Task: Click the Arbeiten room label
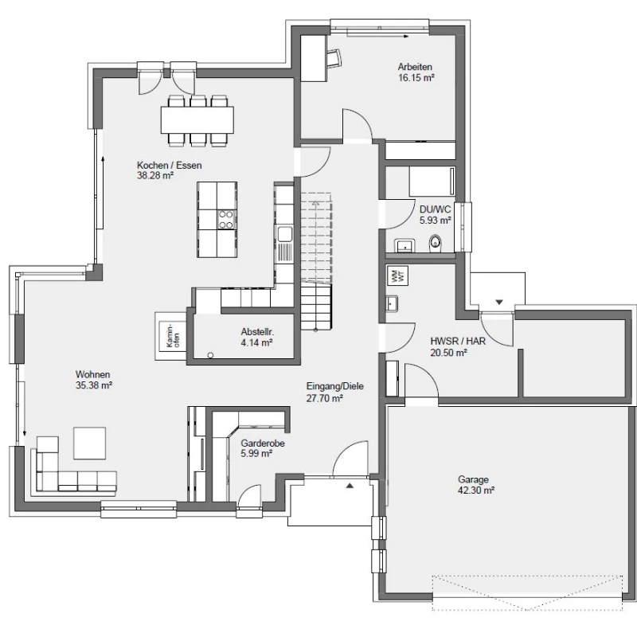click(415, 67)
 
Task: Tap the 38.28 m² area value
click(155, 176)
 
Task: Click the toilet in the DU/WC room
click(435, 243)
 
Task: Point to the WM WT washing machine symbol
click(397, 276)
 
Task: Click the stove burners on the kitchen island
click(227, 220)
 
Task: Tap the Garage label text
click(473, 480)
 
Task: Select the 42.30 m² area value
click(476, 490)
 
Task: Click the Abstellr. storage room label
click(257, 332)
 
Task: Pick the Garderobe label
click(263, 444)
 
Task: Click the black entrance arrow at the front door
click(350, 485)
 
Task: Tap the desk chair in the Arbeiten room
click(334, 57)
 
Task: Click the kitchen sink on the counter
click(285, 233)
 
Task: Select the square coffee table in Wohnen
click(89, 443)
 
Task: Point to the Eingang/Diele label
click(334, 386)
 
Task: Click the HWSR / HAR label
click(458, 342)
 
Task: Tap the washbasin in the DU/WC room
click(404, 246)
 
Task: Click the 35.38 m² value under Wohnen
click(94, 385)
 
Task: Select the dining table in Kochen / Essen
click(197, 120)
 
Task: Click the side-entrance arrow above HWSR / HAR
click(499, 303)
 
